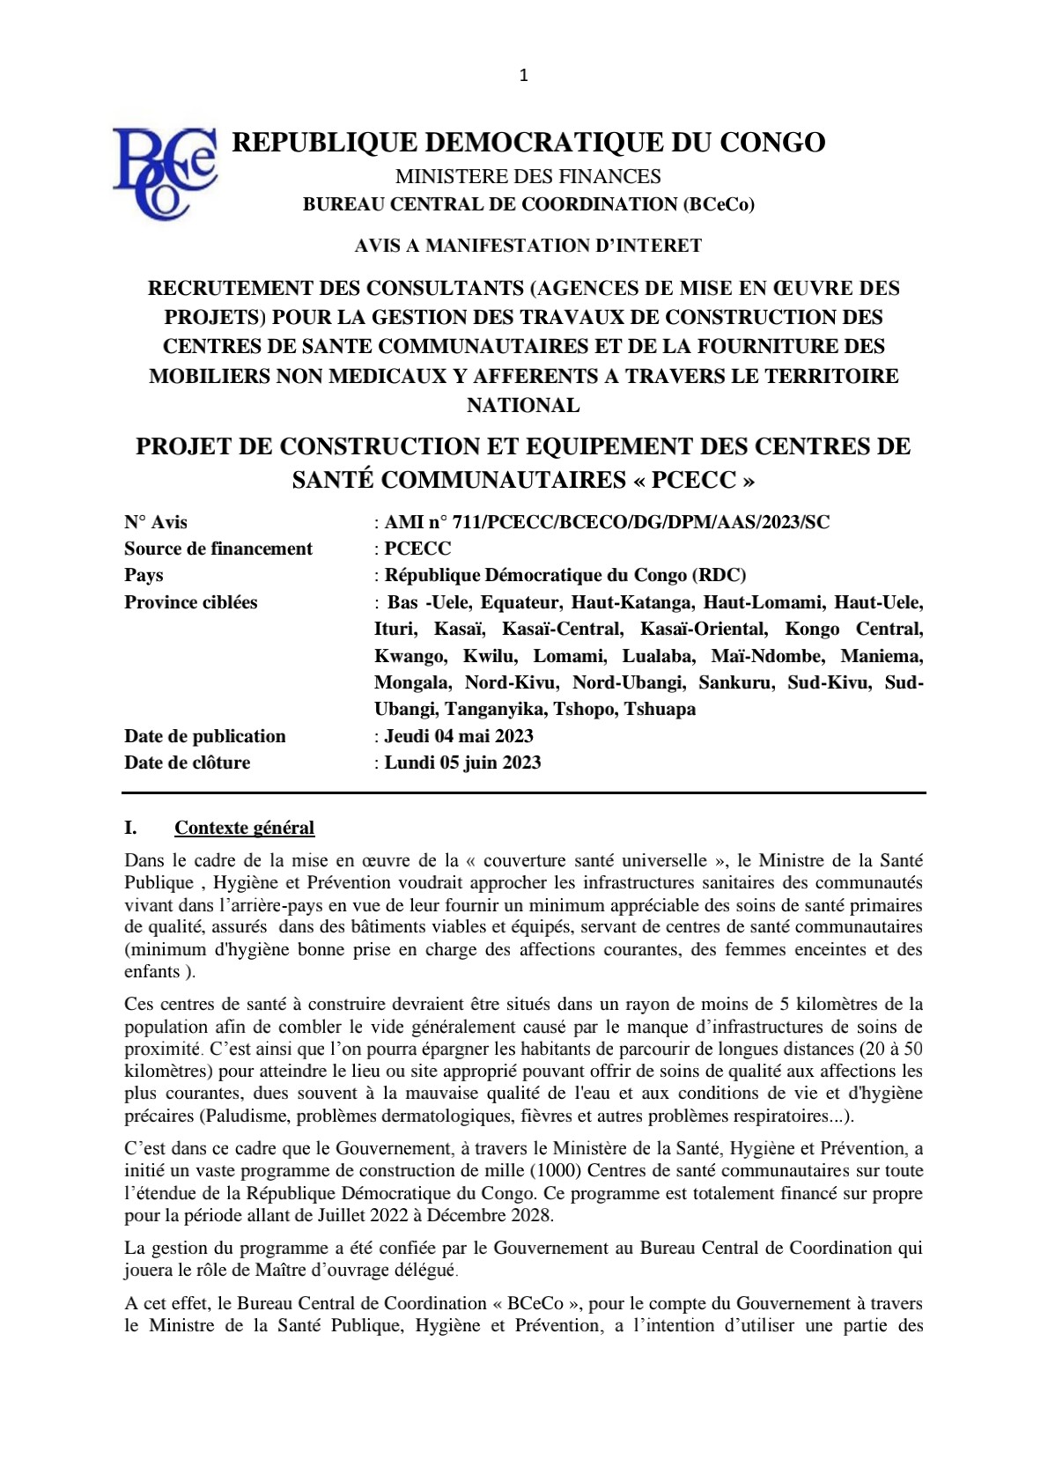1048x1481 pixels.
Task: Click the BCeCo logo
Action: [165, 173]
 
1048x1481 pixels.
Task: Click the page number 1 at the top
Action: [524, 76]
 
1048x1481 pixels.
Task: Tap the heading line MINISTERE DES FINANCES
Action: [528, 176]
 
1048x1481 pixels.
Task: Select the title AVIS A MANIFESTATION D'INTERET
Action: [528, 246]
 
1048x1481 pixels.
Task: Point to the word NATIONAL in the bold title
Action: [523, 406]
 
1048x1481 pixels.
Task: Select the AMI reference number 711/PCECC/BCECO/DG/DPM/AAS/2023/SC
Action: [607, 522]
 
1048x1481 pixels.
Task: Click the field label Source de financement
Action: [218, 549]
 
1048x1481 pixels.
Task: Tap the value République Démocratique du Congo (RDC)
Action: [565, 575]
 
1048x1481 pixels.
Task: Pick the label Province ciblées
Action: [191, 602]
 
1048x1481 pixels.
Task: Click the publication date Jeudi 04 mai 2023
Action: [459, 736]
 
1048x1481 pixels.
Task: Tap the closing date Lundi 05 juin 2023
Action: [462, 763]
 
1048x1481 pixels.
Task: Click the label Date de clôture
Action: [187, 763]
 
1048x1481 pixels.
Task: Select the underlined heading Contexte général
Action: [244, 828]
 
